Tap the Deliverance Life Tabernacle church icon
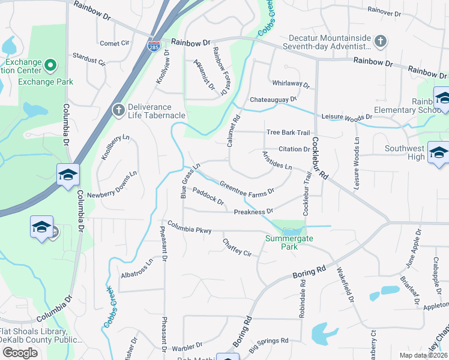click(x=118, y=109)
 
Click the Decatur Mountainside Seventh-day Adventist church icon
click(x=379, y=41)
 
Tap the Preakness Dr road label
click(x=253, y=211)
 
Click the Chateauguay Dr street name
click(x=274, y=99)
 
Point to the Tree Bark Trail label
click(x=288, y=133)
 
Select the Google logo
click(x=20, y=352)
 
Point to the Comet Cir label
click(x=115, y=43)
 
